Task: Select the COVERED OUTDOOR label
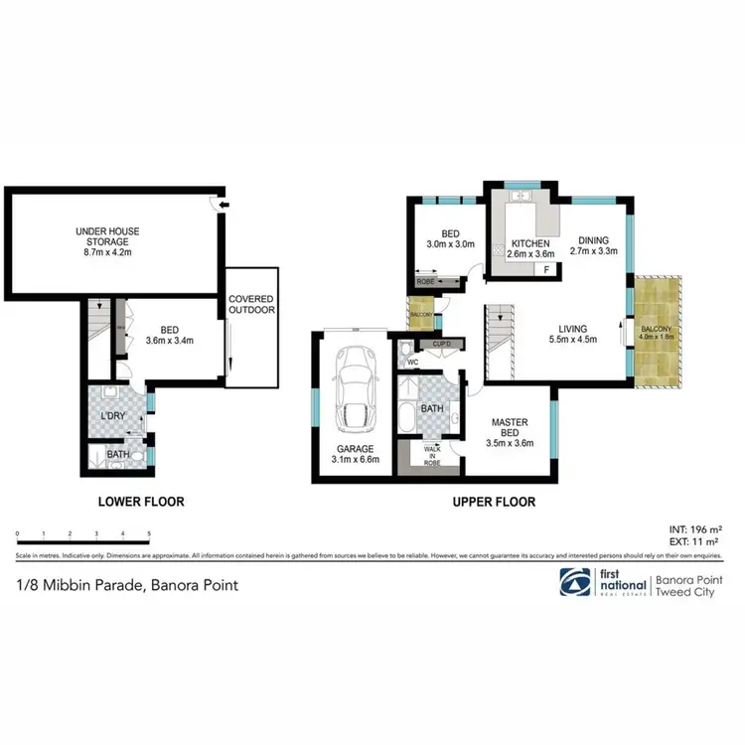[x=250, y=304]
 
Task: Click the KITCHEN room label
[x=530, y=243]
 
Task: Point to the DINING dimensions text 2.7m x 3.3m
[x=594, y=252]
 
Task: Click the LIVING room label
[x=572, y=329]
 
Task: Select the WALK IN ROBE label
[x=432, y=456]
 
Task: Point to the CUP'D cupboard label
[x=442, y=345]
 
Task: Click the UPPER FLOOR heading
[x=494, y=502]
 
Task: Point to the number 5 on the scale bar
[x=148, y=534]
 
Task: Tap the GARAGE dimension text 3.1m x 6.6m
[x=354, y=460]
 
